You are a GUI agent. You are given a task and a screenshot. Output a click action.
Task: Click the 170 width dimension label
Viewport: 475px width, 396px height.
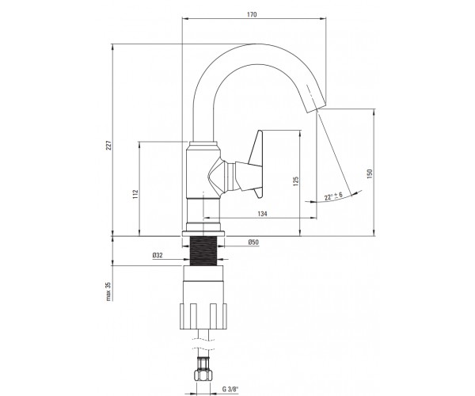[x=252, y=14]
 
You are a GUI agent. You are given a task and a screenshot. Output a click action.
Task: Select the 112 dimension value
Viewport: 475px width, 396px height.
[x=135, y=194]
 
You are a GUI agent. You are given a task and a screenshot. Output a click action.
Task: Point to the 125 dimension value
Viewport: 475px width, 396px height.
[x=296, y=181]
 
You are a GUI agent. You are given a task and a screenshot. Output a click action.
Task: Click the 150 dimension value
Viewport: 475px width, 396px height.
[x=369, y=173]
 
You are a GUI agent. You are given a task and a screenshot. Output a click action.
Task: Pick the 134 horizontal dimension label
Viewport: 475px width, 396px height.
[x=262, y=214]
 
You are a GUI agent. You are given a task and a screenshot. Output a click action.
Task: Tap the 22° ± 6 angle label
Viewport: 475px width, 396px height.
[x=333, y=196]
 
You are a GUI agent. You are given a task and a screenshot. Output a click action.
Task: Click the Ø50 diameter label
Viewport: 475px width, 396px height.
[x=253, y=242]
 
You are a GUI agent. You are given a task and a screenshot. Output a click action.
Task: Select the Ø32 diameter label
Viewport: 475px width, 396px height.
[x=158, y=255]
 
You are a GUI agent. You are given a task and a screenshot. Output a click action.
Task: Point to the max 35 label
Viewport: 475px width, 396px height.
[x=108, y=291]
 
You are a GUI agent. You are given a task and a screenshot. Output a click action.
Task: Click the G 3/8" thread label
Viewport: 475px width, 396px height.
[x=230, y=389]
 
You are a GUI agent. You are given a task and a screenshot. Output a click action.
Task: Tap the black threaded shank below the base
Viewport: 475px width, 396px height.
[x=203, y=250]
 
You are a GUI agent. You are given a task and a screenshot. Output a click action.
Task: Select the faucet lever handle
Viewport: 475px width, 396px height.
[x=254, y=164]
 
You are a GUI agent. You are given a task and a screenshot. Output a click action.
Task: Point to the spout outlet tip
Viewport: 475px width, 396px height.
[x=316, y=108]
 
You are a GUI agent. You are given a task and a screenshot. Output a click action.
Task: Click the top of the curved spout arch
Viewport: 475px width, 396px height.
[x=257, y=44]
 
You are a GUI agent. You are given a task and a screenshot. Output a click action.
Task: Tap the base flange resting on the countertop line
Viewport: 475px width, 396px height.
[x=203, y=234]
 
